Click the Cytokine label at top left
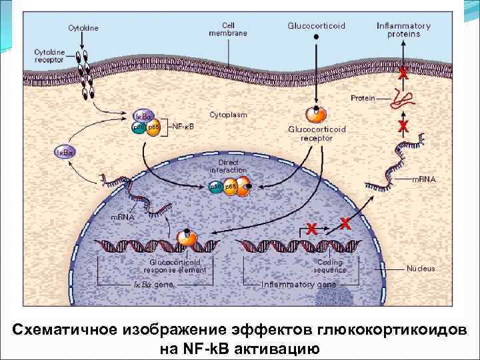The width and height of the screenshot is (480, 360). point(83,28)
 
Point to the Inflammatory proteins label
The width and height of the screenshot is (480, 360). point(403,30)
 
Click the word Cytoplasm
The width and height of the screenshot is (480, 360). point(229,115)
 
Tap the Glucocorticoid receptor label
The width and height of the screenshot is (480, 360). point(317,133)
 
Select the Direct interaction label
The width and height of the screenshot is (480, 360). point(228,166)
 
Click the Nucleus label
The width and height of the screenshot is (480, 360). point(421,269)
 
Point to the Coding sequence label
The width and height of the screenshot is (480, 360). point(330,267)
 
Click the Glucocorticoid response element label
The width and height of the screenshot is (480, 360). point(175,267)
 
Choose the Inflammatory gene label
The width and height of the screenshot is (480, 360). point(299,284)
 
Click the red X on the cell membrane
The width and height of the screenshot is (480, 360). point(403,74)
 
